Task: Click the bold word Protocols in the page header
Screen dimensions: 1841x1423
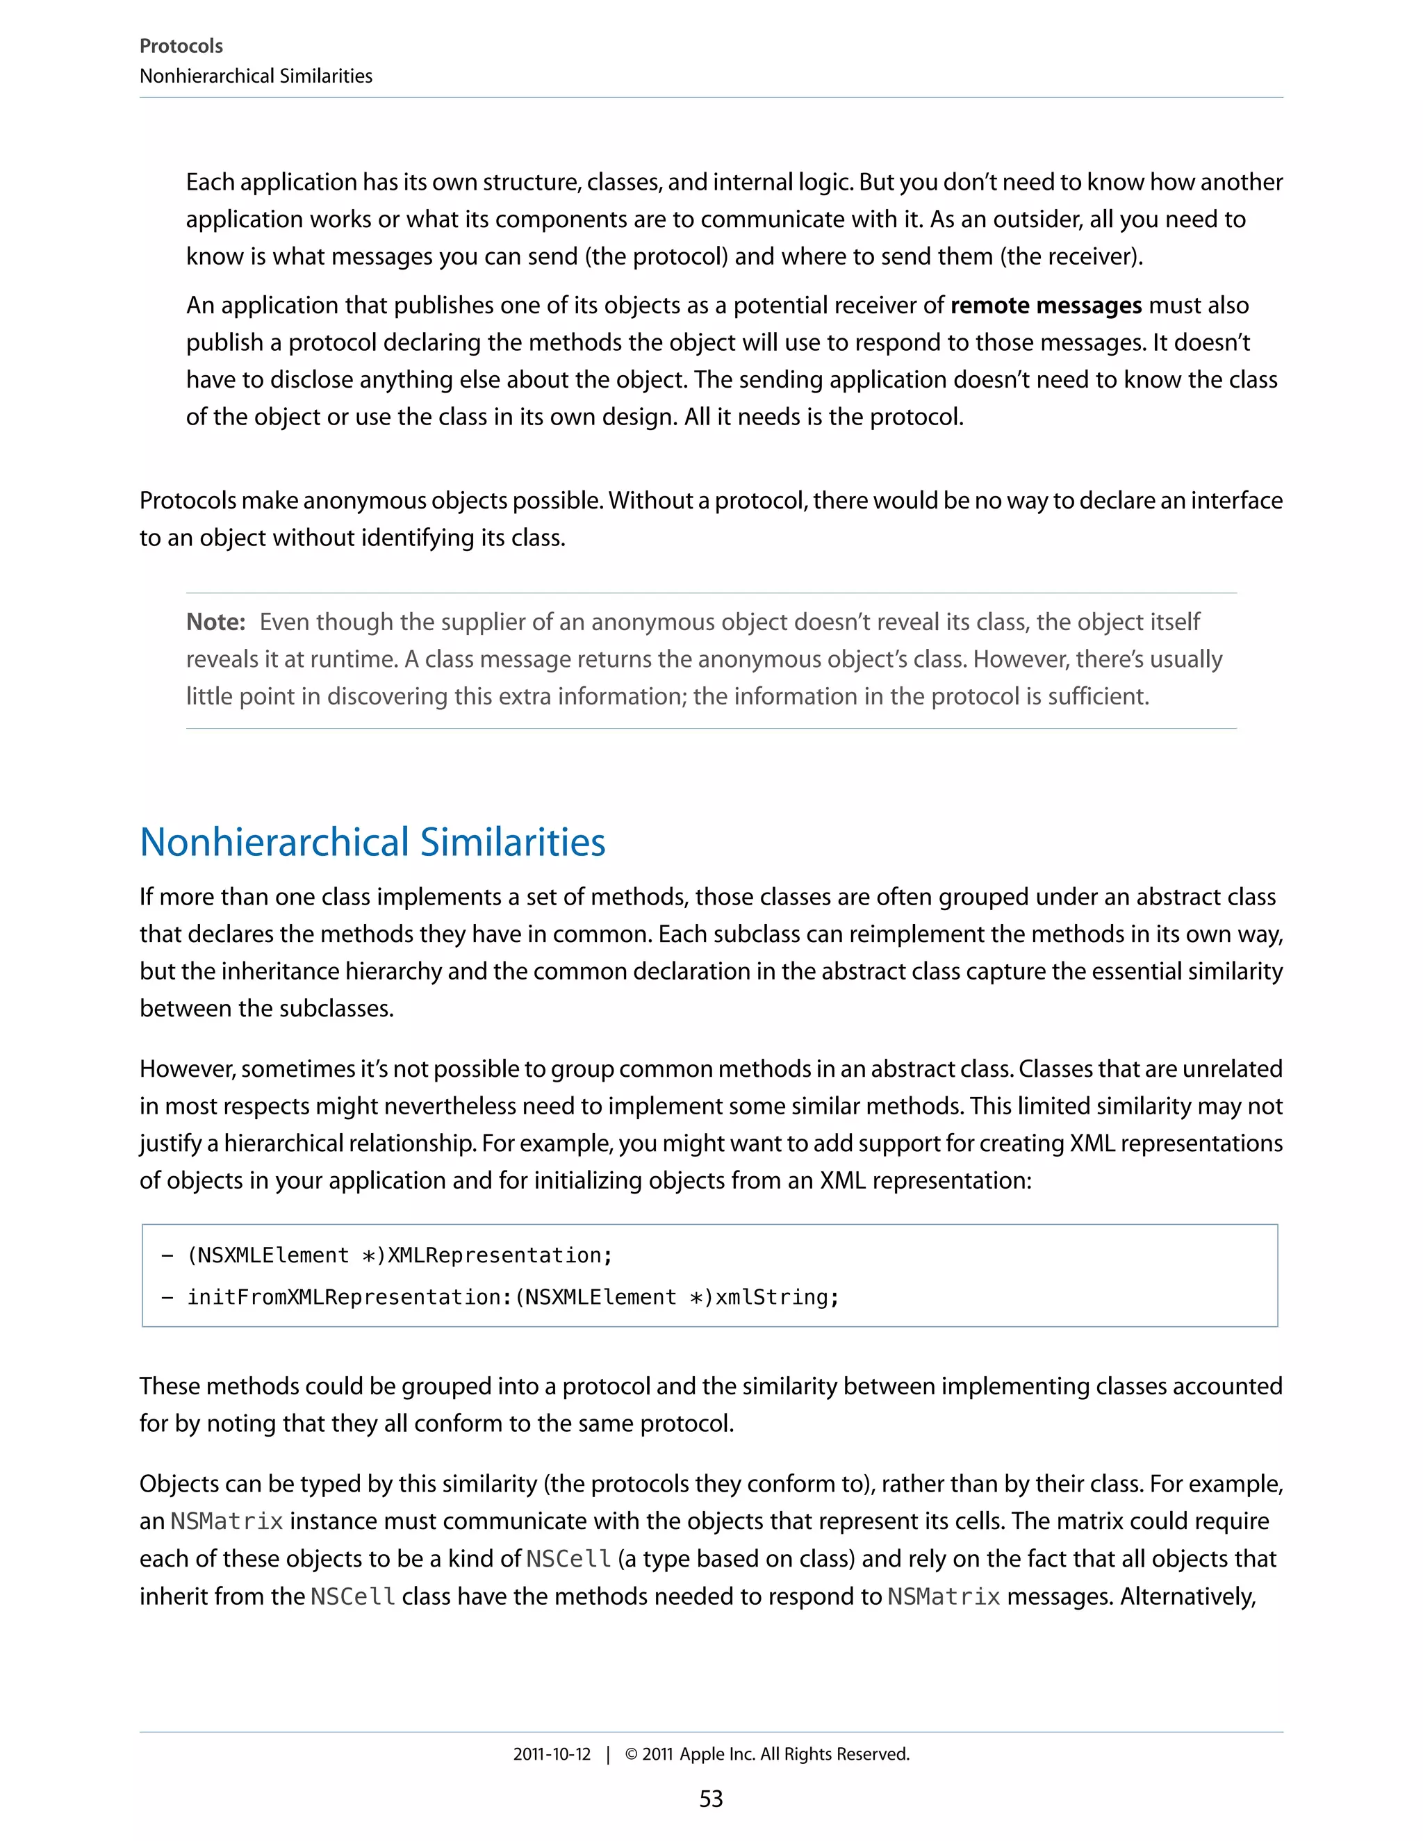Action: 181,46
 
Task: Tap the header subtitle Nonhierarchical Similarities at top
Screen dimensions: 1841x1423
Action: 256,76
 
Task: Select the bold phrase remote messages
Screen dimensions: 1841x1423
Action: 1045,305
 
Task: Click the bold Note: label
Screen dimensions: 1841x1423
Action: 215,622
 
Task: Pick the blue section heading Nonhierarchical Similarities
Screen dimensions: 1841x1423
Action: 372,842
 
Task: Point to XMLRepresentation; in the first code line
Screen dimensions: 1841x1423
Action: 499,1255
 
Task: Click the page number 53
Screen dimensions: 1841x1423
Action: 711,1799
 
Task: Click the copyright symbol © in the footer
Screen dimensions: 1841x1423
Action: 631,1754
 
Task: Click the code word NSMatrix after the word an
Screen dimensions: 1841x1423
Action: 226,1521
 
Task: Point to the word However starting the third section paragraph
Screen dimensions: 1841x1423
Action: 186,1069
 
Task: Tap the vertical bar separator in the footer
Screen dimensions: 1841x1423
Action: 608,1754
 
